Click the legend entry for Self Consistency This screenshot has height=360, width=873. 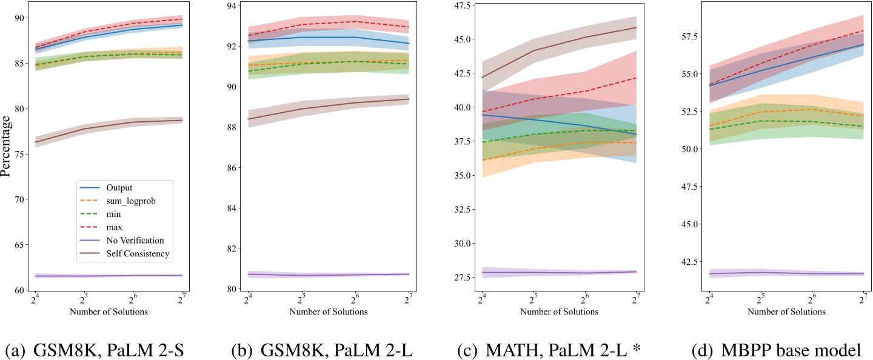tap(138, 254)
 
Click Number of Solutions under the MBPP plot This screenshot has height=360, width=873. tap(786, 312)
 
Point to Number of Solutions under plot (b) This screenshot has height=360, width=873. tap(328, 312)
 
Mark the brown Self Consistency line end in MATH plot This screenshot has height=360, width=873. tap(636, 27)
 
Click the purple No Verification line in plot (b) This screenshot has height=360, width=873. tap(328, 275)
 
